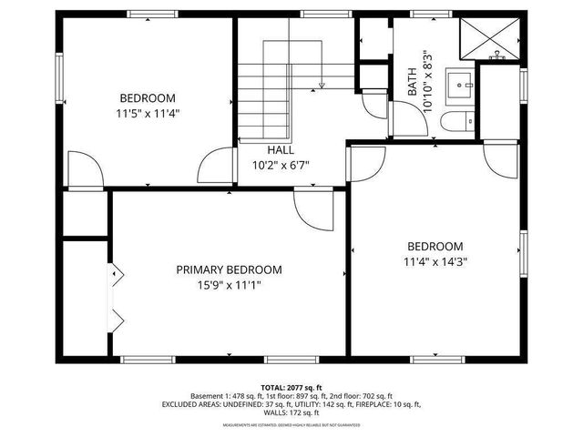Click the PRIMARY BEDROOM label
229,269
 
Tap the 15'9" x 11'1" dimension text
229,284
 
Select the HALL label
281,150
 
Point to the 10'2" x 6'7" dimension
281,166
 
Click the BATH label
413,84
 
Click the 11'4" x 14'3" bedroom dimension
435,260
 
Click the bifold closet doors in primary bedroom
116,296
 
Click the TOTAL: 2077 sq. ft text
291,387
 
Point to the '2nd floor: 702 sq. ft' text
360,396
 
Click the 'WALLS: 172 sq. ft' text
291,412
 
